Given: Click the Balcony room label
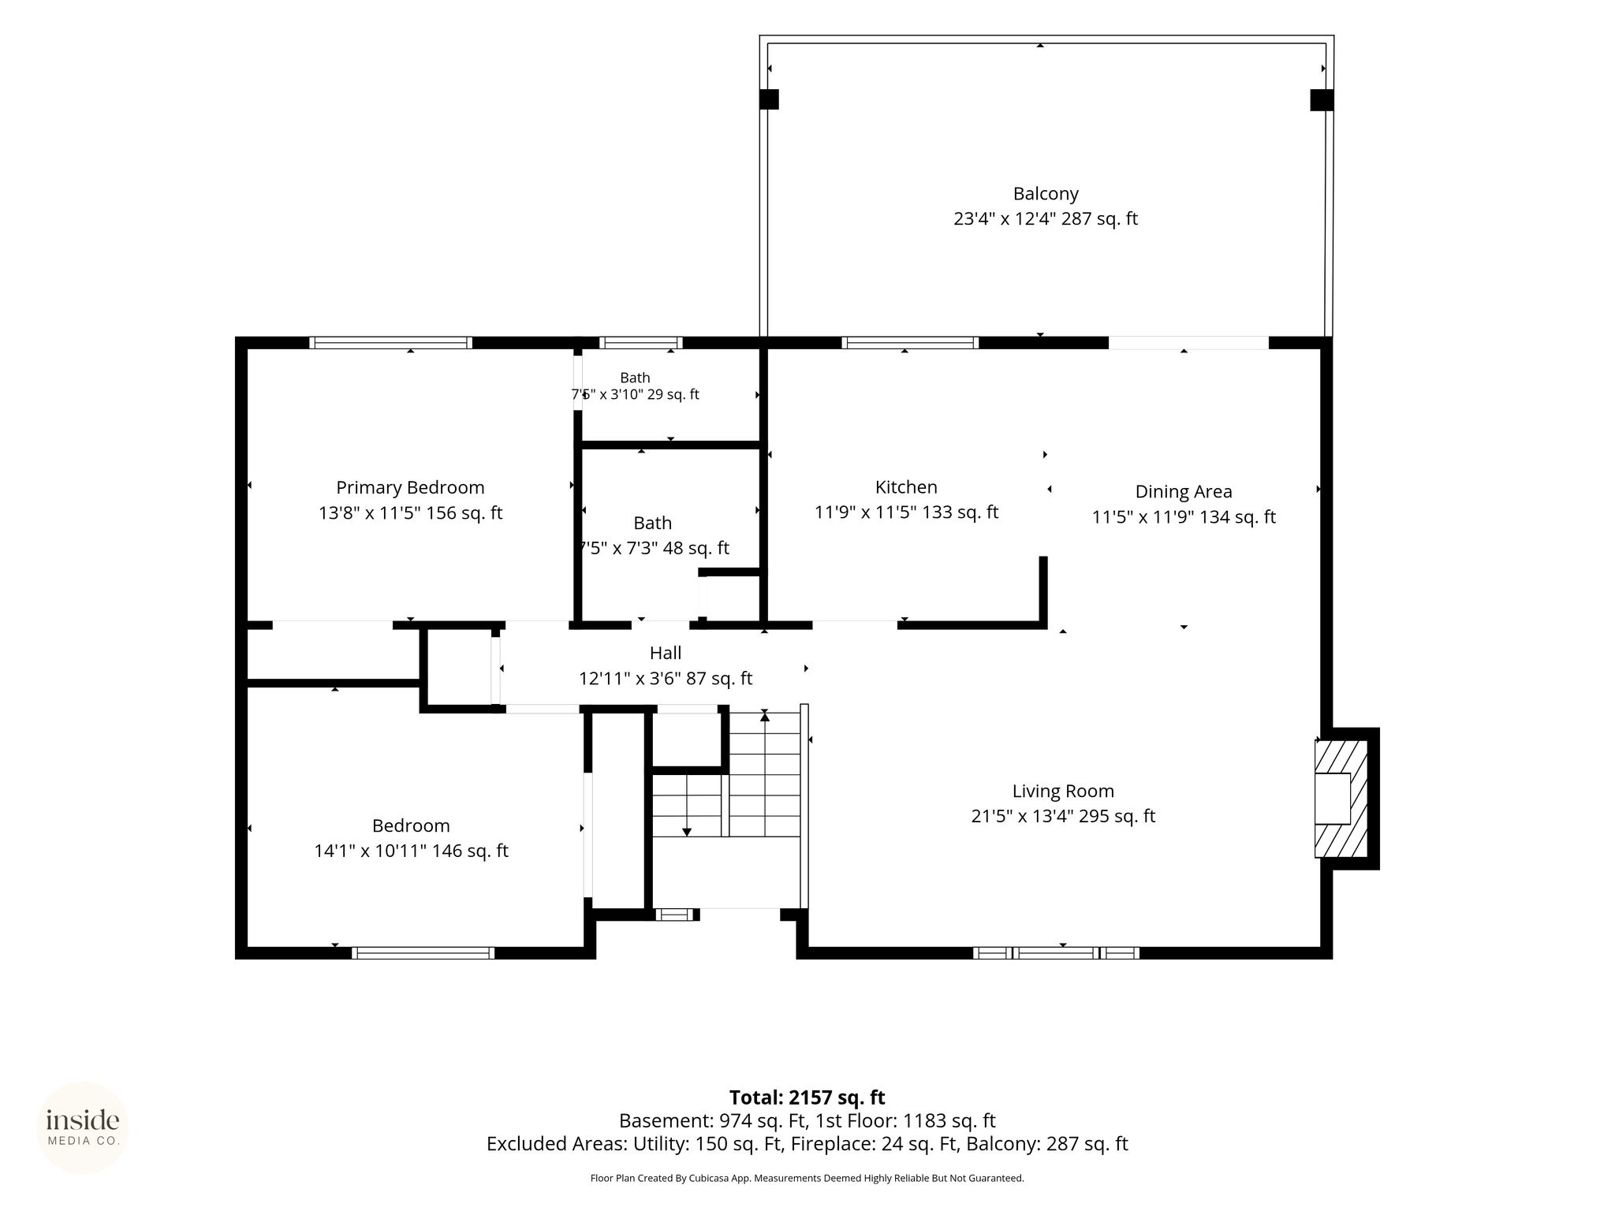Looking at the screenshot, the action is [1046, 194].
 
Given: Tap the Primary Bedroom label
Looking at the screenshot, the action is [410, 488].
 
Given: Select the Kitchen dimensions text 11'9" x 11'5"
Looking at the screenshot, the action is [865, 512].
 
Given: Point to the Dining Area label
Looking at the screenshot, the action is [1184, 492].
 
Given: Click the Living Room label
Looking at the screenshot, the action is [1063, 792].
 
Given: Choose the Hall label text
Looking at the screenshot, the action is [666, 653].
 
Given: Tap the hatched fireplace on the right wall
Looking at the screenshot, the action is [1341, 799].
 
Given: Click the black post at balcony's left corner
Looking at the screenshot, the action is [769, 99].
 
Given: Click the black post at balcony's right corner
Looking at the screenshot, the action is [1322, 100].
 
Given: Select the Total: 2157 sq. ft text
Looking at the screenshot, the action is [807, 1097].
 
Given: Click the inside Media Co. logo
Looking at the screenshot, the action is [83, 1128].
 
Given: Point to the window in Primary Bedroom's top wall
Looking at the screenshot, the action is [390, 343].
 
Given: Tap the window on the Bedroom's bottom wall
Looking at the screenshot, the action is [423, 953].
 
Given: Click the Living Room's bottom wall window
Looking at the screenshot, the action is [1056, 953].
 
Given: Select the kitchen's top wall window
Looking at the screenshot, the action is [910, 343].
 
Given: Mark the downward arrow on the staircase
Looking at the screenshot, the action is [687, 805].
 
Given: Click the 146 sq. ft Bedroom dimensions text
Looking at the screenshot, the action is [411, 851].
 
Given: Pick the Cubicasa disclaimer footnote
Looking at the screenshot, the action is [807, 1179].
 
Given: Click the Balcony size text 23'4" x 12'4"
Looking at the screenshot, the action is [1003, 219].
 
